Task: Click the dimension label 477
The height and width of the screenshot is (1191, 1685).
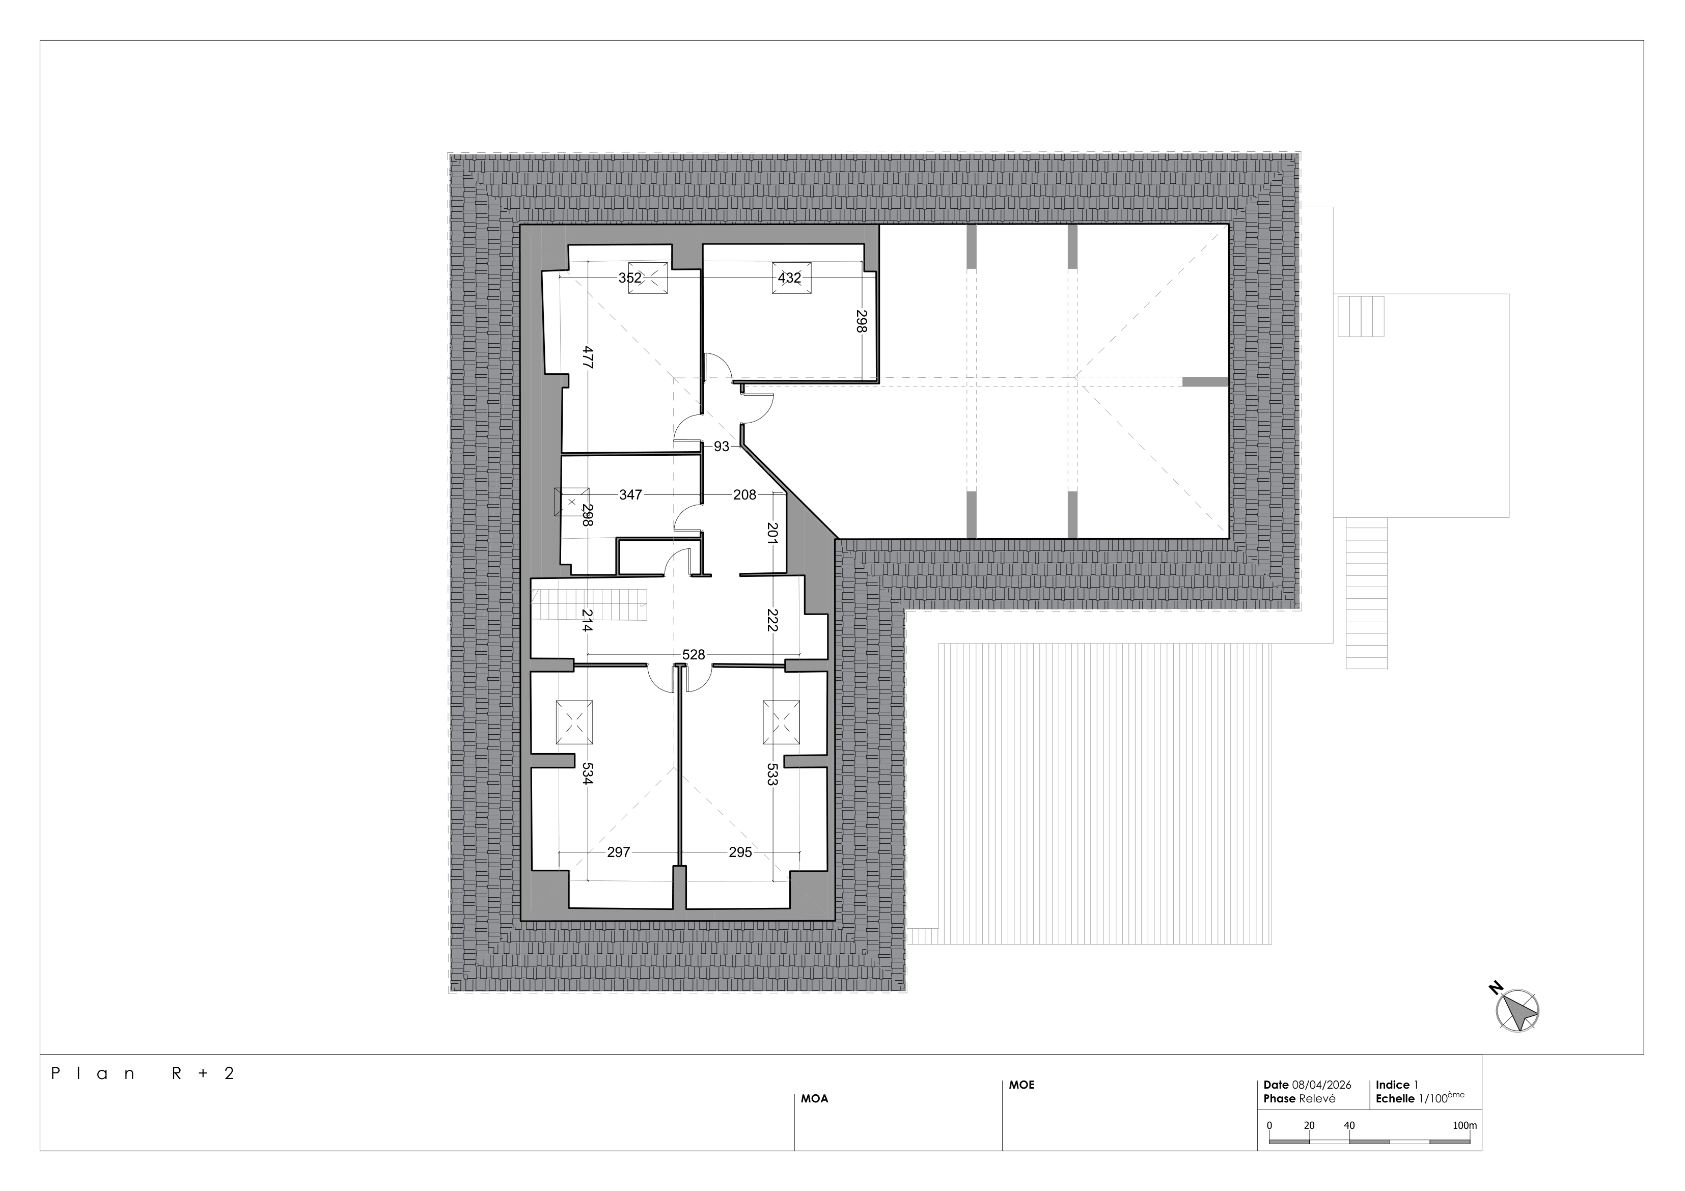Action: point(588,357)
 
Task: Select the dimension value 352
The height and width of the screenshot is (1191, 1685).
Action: point(630,278)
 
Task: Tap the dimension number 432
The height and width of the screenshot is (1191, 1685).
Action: point(790,278)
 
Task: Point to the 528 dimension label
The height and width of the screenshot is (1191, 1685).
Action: point(694,654)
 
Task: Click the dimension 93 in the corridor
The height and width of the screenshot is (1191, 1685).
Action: point(722,446)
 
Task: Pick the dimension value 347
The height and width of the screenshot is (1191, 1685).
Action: point(630,494)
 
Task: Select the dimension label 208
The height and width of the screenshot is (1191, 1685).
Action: point(744,494)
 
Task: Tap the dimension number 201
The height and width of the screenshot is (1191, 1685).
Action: point(772,533)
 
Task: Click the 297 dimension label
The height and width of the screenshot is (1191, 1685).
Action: point(619,852)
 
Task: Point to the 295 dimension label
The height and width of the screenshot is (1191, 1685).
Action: point(740,852)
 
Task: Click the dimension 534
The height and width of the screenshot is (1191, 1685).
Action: point(587,773)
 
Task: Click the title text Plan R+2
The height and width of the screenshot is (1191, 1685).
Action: point(143,1073)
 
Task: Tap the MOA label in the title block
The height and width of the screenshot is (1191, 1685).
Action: point(815,1098)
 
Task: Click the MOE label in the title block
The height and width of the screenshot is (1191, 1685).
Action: point(1021,1085)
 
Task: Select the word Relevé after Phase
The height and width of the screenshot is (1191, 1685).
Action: point(1317,1098)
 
